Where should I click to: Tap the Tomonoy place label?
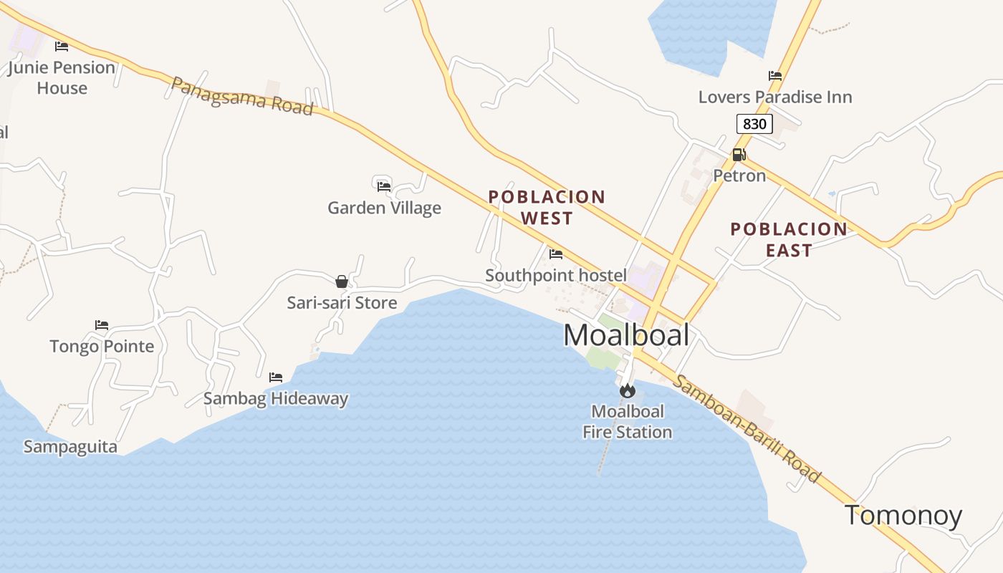point(903,516)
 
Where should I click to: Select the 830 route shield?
point(754,124)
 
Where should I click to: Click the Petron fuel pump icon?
point(739,154)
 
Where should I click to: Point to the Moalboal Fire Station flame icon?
point(627,390)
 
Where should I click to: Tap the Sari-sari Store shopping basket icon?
point(342,281)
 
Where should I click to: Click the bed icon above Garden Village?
point(384,186)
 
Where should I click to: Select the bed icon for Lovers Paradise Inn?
point(774,76)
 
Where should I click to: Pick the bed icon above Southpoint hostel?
point(555,254)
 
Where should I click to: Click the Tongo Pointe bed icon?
point(102,325)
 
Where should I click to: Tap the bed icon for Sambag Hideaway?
point(276,377)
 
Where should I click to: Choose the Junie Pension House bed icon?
point(62,47)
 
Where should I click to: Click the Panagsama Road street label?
point(242,97)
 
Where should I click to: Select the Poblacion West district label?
point(547,207)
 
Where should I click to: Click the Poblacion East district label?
point(788,239)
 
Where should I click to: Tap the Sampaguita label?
point(70,447)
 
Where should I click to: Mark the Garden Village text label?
point(384,208)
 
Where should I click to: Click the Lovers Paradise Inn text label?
point(775,97)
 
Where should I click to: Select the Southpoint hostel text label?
point(555,275)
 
